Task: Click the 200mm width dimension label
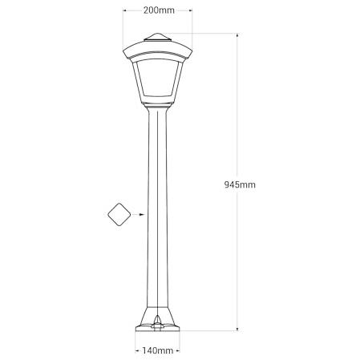click(159, 10)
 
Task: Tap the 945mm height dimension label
click(240, 184)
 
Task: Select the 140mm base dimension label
click(157, 350)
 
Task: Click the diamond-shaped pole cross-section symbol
click(119, 214)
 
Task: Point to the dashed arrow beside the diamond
click(139, 214)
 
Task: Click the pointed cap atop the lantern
click(157, 37)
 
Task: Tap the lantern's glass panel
click(157, 78)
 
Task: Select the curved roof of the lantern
click(157, 50)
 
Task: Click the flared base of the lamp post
click(157, 316)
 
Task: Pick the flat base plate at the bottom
click(157, 328)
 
